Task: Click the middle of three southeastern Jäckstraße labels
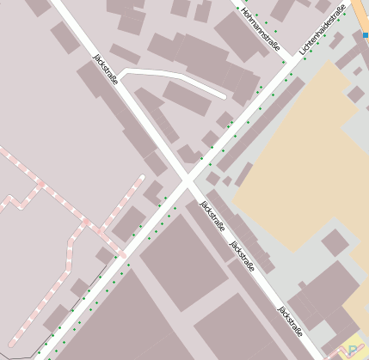point(242,255)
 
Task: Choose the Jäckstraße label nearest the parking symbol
point(290,315)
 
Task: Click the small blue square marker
point(366,35)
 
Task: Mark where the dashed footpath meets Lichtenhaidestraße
point(123,254)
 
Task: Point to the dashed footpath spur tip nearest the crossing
point(141,178)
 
